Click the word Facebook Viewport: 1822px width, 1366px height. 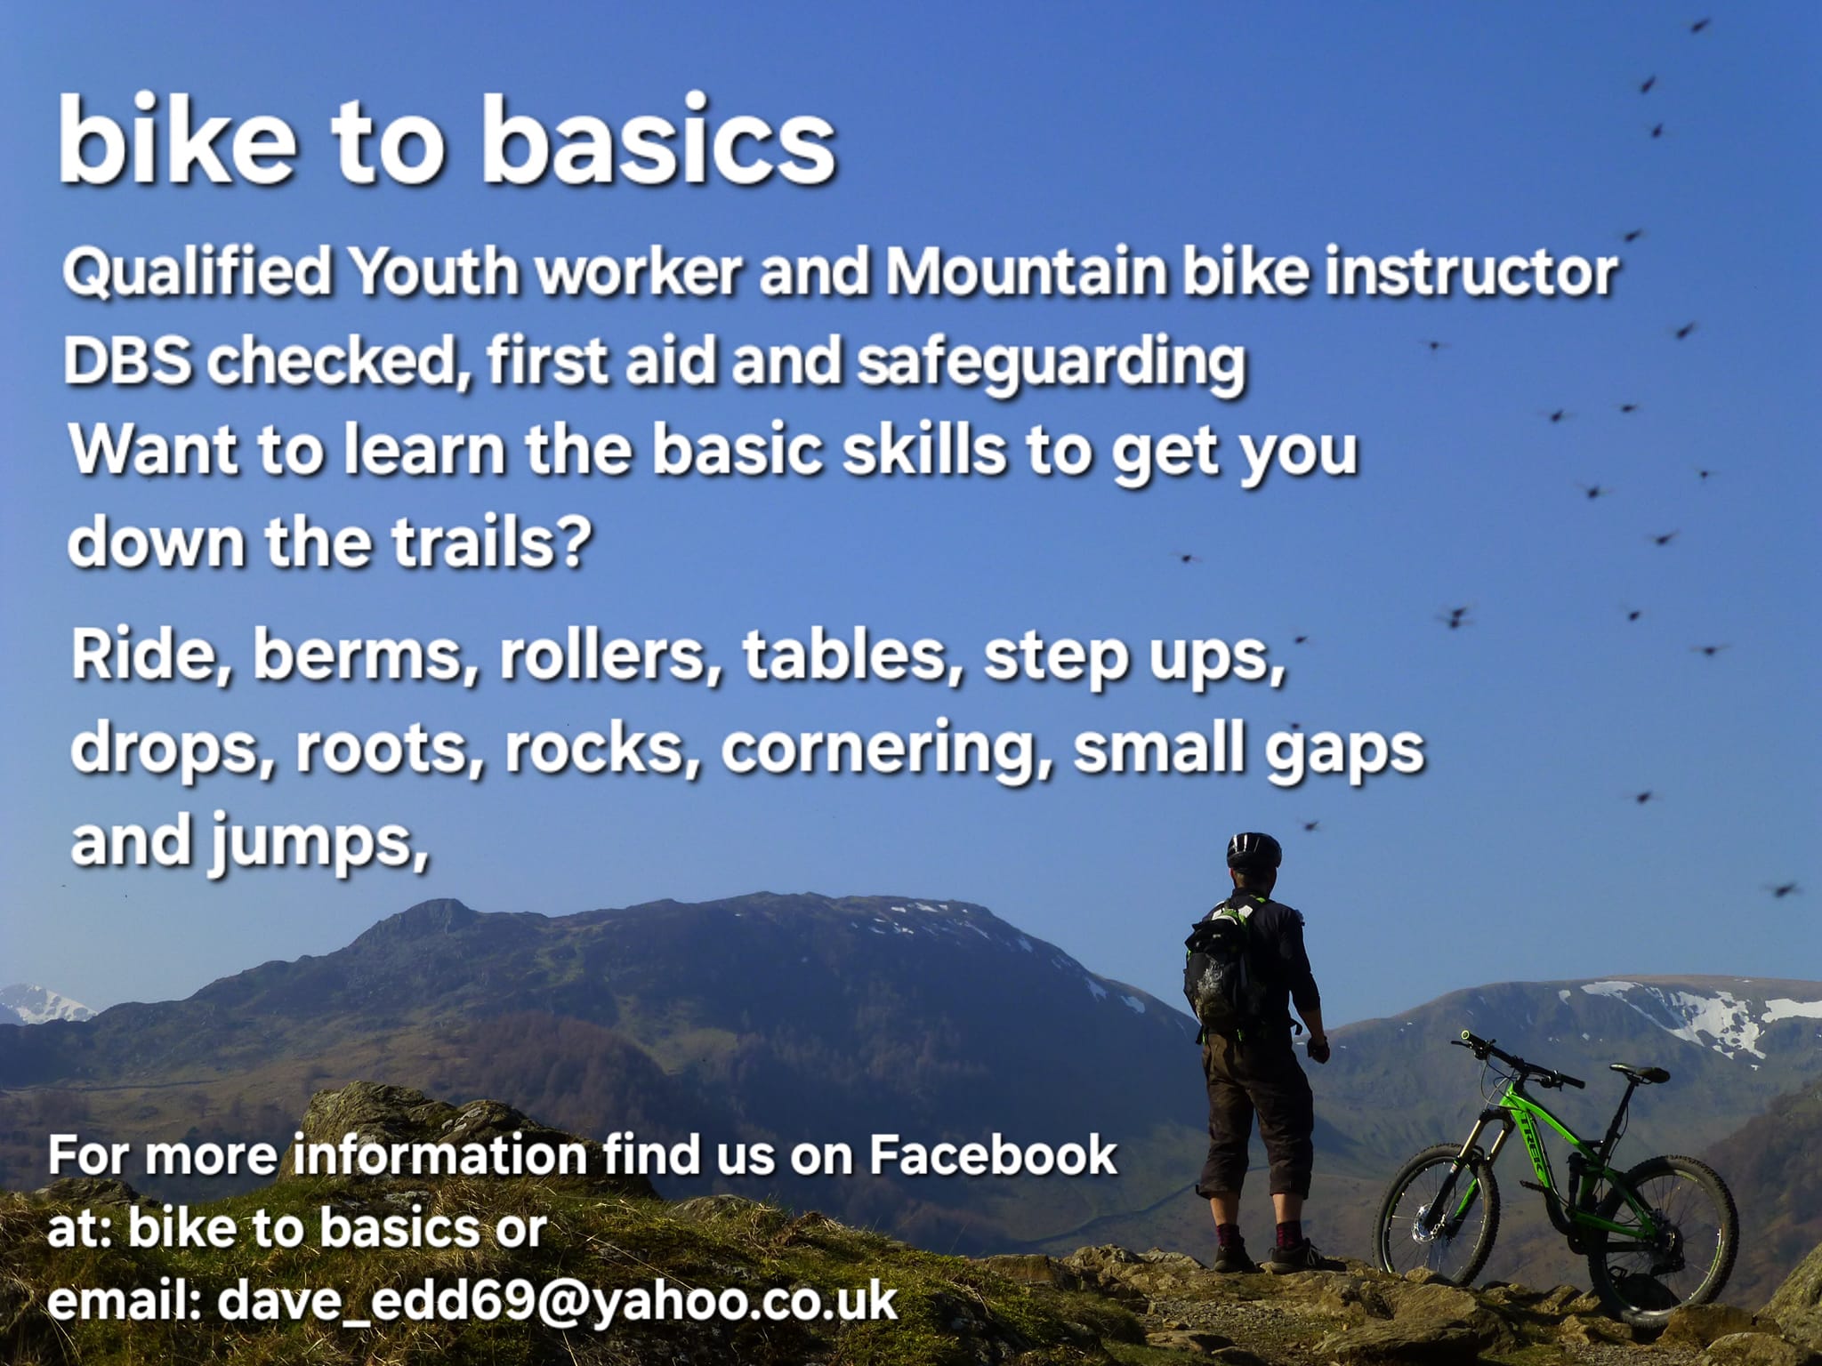(992, 1155)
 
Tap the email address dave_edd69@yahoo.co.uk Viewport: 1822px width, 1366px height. (557, 1301)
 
